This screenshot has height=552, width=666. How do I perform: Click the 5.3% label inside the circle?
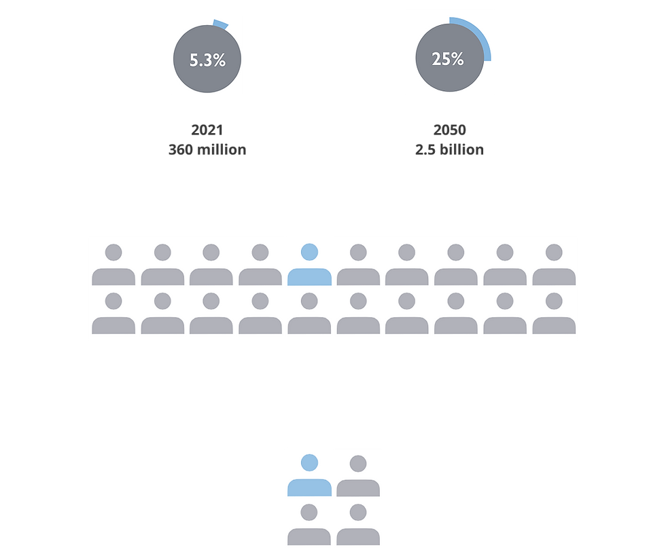(x=207, y=60)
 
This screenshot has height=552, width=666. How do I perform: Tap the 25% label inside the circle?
(x=448, y=59)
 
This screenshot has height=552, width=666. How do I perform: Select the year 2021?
(x=207, y=130)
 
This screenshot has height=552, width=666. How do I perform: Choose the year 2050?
(x=449, y=130)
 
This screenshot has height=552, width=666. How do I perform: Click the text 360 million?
(x=207, y=149)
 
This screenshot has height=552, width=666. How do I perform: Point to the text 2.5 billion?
(x=449, y=149)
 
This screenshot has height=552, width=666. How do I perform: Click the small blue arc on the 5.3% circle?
(x=221, y=24)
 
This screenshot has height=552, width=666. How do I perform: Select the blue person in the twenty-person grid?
(x=309, y=264)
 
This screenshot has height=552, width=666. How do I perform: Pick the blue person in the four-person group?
(x=309, y=475)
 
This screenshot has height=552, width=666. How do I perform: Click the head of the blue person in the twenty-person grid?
(x=309, y=252)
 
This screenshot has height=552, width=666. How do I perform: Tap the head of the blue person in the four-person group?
(x=309, y=462)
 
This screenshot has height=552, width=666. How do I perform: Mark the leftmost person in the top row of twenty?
(x=113, y=264)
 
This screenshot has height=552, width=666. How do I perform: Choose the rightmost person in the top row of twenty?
(x=554, y=264)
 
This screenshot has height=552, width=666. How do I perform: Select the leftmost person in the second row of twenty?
(x=113, y=313)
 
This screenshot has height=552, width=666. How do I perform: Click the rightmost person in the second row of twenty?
(x=554, y=313)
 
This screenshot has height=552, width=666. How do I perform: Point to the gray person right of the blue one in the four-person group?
(x=358, y=476)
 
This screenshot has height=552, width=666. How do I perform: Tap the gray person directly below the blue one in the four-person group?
(x=309, y=524)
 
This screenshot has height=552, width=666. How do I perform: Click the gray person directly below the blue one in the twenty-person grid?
(x=309, y=313)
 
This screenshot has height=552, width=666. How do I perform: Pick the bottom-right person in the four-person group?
(x=358, y=524)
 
